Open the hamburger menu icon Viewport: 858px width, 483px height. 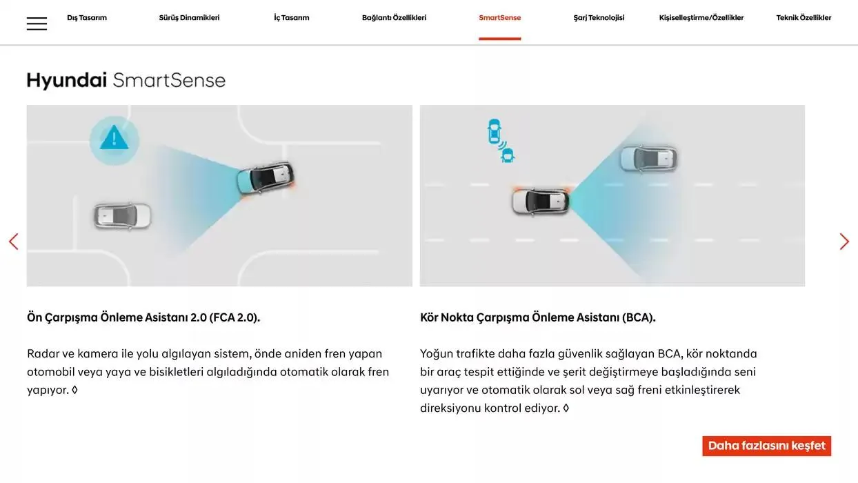pos(37,23)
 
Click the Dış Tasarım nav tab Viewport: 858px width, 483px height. pos(87,18)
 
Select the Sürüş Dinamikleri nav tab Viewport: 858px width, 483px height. pos(189,18)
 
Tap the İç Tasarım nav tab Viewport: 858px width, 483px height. pos(291,18)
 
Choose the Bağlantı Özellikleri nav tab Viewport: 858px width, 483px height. pos(394,18)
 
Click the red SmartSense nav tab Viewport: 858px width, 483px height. pos(499,18)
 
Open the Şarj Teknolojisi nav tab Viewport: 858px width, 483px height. pos(599,18)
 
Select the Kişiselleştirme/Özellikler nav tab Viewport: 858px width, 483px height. pos(701,18)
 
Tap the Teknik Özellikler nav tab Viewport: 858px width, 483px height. pos(804,18)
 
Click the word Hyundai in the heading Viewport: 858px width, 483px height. pos(67,81)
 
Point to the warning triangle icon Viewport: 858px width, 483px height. pos(114,139)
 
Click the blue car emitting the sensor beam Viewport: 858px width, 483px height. pos(265,178)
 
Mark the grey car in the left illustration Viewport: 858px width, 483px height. pos(122,216)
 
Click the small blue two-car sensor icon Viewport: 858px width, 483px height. pos(500,141)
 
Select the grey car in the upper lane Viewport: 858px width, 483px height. pos(648,159)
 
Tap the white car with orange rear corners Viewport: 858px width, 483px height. pos(541,201)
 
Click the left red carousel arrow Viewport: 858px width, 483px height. pos(13,241)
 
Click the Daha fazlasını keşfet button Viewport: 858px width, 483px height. pos(766,446)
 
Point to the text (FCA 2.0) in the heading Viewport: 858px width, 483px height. pos(234,317)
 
